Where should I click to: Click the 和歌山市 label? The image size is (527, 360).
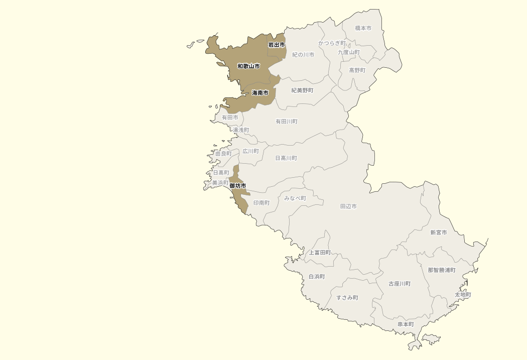[x=248, y=66]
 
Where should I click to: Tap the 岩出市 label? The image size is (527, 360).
[x=276, y=45]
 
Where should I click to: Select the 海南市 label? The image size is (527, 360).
[x=260, y=93]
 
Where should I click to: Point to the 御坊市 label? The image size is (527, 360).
[x=237, y=186]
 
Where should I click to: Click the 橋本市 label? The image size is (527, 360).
[x=363, y=29]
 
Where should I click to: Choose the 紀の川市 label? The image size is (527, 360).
[x=303, y=55]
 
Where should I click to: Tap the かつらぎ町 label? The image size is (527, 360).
[x=332, y=43]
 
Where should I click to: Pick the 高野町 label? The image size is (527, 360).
[x=357, y=70]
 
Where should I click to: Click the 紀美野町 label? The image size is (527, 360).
[x=302, y=90]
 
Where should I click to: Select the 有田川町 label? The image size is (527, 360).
[x=286, y=122]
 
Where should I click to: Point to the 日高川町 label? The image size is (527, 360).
[x=286, y=158]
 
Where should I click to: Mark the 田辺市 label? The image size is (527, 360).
[x=348, y=206]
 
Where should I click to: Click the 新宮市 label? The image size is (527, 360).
[x=438, y=232]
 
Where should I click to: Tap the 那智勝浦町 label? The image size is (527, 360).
[x=442, y=270]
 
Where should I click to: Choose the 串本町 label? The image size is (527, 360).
[x=406, y=324]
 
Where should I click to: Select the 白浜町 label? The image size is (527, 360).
[x=316, y=277]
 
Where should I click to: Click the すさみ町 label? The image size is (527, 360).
[x=347, y=298]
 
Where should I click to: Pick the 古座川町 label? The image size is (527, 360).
[x=400, y=284]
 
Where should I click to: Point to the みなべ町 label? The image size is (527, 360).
[x=295, y=198]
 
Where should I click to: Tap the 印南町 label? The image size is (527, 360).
[x=261, y=203]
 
